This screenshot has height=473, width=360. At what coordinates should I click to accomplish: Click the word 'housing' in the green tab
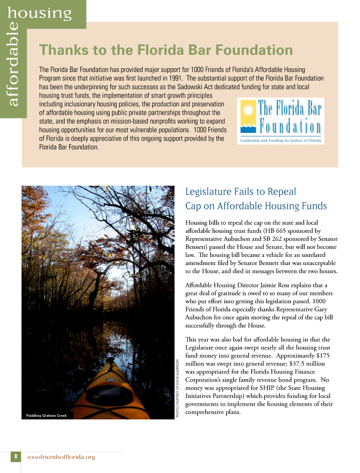pos(39,13)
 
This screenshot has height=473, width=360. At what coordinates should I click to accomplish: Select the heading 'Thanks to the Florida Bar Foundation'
pos(166,50)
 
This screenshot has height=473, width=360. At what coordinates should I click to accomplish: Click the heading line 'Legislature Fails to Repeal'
pos(240,192)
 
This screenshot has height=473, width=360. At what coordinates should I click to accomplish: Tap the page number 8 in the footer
pos(16,456)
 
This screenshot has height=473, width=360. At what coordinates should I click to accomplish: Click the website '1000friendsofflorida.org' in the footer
pos(61,457)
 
